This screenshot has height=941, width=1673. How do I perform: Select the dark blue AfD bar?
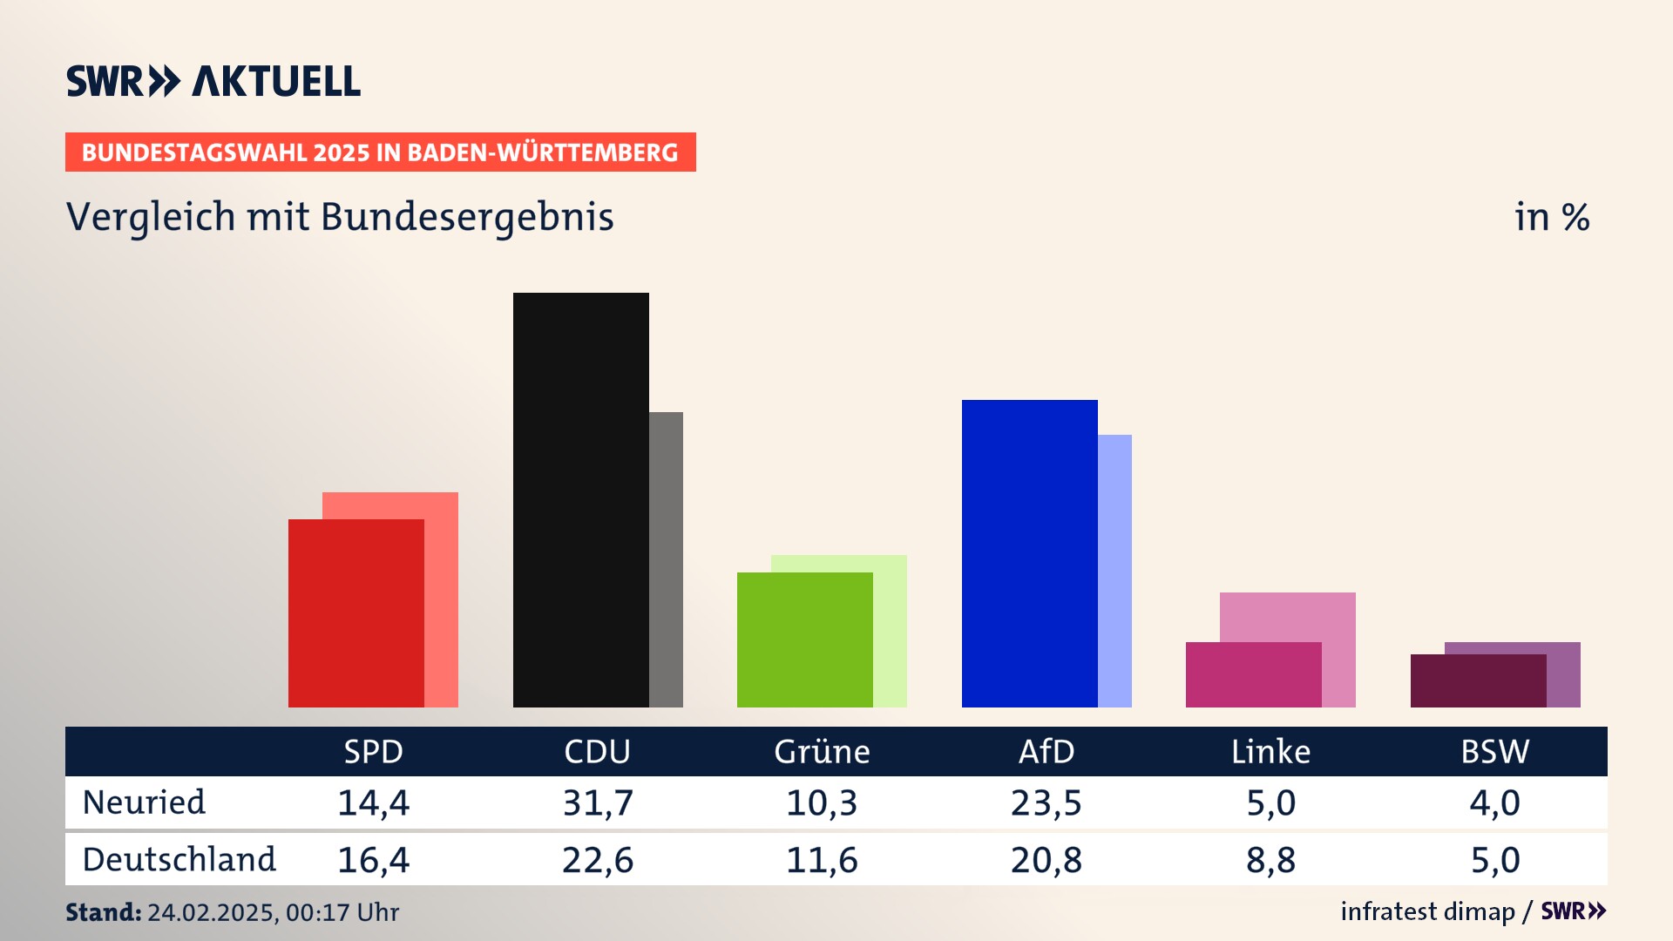1029,553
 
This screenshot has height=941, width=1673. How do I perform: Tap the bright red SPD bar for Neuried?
356,613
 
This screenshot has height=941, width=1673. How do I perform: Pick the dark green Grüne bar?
804,640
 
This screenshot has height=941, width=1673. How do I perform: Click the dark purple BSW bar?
1478,680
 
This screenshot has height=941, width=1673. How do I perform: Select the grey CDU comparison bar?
666,559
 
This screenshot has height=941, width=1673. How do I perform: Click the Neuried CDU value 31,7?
598,802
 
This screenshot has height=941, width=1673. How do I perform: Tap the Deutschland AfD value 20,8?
1046,860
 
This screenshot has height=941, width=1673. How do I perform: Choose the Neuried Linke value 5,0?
1270,802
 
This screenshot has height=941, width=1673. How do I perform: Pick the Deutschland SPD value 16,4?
373,860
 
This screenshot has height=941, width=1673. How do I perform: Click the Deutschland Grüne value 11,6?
822,860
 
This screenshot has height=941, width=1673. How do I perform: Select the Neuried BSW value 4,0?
1494,802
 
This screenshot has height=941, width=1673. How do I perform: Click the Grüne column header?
822,751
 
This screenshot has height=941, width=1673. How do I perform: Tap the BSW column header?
1494,751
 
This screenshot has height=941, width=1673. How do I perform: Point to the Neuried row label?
144,802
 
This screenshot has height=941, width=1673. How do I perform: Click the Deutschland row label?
179,860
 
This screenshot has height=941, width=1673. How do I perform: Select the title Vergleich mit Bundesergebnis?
340,217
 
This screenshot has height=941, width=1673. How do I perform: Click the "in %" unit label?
1552,217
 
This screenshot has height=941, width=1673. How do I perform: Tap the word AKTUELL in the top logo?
275,81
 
